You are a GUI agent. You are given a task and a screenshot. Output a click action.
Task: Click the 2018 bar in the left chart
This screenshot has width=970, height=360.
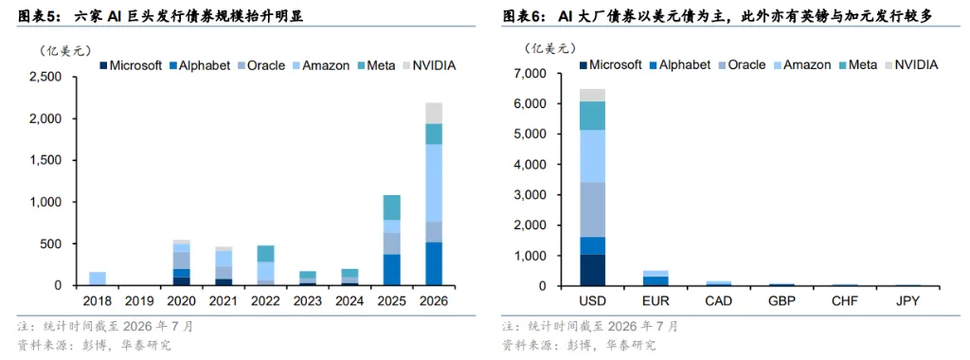pos(98,279)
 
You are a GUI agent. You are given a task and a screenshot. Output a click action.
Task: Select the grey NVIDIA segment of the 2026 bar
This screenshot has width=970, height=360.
pos(434,113)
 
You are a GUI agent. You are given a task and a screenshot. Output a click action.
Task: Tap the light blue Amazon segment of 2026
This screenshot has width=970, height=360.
pos(434,183)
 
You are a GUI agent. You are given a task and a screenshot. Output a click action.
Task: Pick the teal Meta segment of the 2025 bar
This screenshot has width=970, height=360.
pos(391,207)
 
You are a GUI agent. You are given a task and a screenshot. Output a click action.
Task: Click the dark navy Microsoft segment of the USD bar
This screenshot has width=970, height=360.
pos(593,270)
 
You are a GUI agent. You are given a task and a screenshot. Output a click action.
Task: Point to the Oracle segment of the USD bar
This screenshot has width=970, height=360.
pos(593,209)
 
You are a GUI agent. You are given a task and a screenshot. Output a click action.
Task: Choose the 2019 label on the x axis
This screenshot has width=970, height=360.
pos(139,301)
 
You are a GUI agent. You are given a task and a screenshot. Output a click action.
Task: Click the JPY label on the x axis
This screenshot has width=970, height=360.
pos(907,301)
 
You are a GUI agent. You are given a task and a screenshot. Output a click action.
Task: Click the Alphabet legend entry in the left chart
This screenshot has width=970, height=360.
pos(199,65)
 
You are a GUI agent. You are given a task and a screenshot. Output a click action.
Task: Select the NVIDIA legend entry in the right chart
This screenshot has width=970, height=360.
pos(911,64)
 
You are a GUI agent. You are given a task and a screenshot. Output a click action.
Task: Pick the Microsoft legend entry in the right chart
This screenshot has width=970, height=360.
pos(611,64)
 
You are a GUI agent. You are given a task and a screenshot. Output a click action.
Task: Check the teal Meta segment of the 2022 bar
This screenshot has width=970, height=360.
pos(265,254)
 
